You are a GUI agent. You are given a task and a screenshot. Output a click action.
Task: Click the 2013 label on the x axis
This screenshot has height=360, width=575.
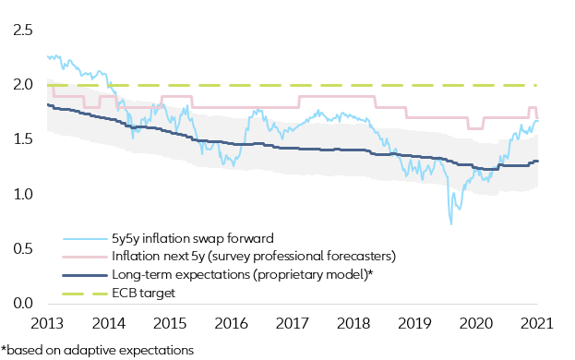(x=48, y=324)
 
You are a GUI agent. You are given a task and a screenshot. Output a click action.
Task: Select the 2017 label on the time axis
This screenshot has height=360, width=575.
(x=293, y=324)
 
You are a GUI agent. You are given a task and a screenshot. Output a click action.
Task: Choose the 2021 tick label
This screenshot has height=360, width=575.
(x=537, y=324)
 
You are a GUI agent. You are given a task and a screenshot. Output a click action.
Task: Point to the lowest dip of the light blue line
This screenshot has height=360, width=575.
(x=451, y=223)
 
